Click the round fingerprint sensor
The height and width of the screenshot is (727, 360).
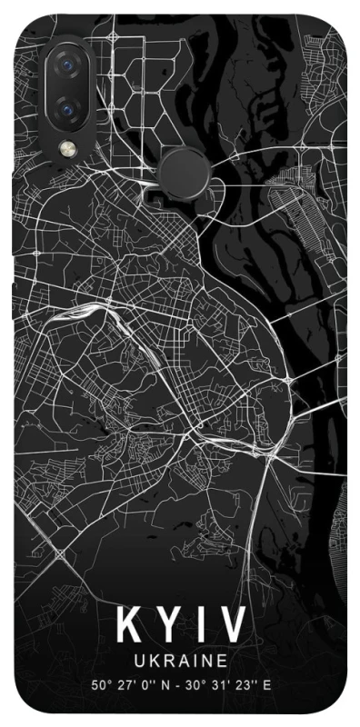185,170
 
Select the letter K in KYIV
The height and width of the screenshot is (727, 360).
127,627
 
